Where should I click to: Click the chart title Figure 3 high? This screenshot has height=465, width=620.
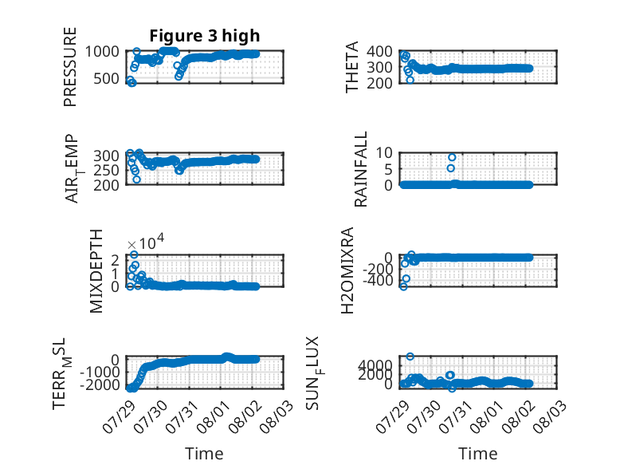pyautogui.click(x=205, y=36)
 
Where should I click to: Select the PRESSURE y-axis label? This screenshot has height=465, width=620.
pyautogui.click(x=69, y=67)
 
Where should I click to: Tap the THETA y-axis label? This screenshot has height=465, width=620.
pyautogui.click(x=351, y=67)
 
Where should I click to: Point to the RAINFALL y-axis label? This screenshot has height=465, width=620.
pyautogui.click(x=361, y=169)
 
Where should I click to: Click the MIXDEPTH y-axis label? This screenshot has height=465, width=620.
pyautogui.click(x=96, y=271)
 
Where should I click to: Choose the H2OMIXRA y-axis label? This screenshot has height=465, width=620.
pyautogui.click(x=347, y=270)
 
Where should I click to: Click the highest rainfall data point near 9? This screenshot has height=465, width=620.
pyautogui.click(x=452, y=157)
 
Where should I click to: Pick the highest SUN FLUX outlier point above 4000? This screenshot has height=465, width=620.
pyautogui.click(x=410, y=357)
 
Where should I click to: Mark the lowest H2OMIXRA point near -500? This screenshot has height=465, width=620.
pyautogui.click(x=403, y=287)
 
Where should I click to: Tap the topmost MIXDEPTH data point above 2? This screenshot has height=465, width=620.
pyautogui.click(x=134, y=254)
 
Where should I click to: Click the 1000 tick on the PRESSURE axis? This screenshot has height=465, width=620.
pyautogui.click(x=102, y=52)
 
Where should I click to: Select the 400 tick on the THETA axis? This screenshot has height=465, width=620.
pyautogui.click(x=379, y=52)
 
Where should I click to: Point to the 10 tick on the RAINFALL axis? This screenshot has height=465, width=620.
pyautogui.click(x=384, y=153)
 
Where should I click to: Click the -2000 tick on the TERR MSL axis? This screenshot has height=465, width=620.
pyautogui.click(x=100, y=384)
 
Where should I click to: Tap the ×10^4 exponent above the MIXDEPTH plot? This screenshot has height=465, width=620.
pyautogui.click(x=146, y=242)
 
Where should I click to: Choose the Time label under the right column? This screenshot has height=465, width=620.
pyautogui.click(x=477, y=454)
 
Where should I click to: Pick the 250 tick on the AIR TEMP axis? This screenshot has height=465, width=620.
pyautogui.click(x=106, y=170)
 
